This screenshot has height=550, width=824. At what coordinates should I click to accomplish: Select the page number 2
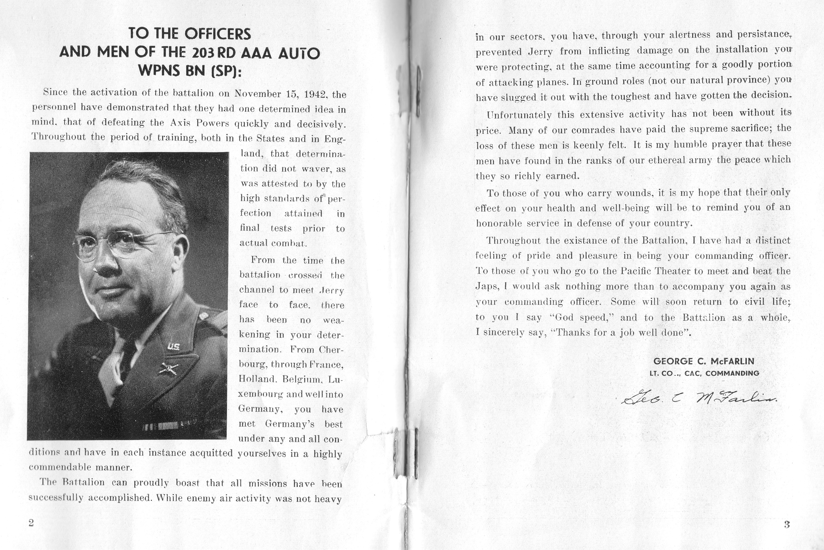pyautogui.click(x=31, y=523)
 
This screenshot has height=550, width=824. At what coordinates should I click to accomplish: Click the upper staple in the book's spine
pyautogui.click(x=418, y=92)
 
